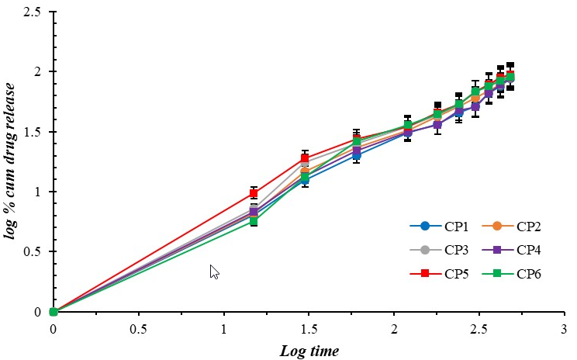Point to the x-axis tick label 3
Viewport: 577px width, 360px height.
tap(565, 327)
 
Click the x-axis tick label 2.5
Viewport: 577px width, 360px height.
tap(479, 327)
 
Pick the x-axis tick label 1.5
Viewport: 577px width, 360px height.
tap(309, 327)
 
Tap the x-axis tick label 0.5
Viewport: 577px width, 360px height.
tap(138, 327)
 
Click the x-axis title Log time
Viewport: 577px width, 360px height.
tap(309, 351)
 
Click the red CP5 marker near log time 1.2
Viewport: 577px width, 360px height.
tap(254, 193)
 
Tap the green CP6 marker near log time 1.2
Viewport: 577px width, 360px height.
tap(254, 221)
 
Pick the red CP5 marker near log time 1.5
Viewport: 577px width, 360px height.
tap(305, 158)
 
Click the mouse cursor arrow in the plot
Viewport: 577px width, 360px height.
tap(214, 271)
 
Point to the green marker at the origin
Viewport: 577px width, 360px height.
tap(54, 312)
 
